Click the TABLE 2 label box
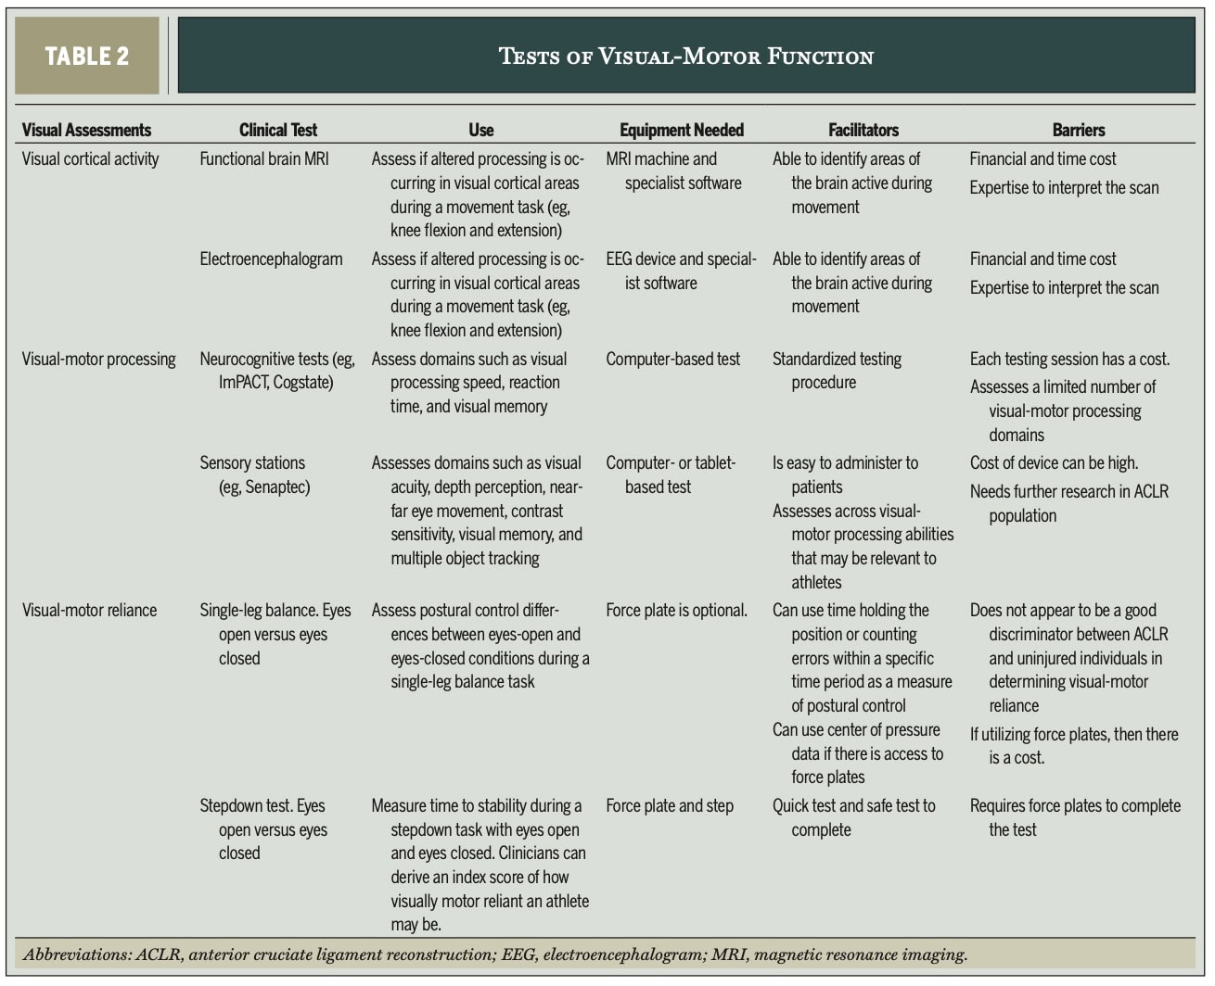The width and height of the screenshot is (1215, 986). point(86,56)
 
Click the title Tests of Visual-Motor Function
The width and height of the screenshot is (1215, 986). point(685,56)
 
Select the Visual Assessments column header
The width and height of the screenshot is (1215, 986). point(86,130)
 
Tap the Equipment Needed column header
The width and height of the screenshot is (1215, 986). point(682,130)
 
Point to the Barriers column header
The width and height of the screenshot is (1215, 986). point(1078,130)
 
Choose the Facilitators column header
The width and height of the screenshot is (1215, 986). point(863,130)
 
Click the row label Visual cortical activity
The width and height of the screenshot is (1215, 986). point(90,158)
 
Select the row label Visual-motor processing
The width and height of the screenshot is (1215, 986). point(98,359)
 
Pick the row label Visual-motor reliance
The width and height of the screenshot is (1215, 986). point(89,610)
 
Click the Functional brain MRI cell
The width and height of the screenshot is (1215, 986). point(263,158)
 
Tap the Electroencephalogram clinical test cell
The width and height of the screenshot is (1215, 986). point(271,259)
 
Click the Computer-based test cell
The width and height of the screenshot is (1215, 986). point(672,359)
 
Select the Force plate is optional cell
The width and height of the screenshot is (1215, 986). point(676,610)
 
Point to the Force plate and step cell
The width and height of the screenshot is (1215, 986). point(669,805)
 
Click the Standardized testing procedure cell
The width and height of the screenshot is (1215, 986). point(837,370)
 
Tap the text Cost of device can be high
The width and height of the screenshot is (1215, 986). point(1054,462)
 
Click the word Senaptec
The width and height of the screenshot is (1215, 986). point(276,487)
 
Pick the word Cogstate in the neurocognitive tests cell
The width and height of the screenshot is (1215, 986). point(301,382)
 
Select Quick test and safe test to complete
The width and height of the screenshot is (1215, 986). point(853,816)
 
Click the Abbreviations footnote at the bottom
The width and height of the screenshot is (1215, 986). point(495,954)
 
